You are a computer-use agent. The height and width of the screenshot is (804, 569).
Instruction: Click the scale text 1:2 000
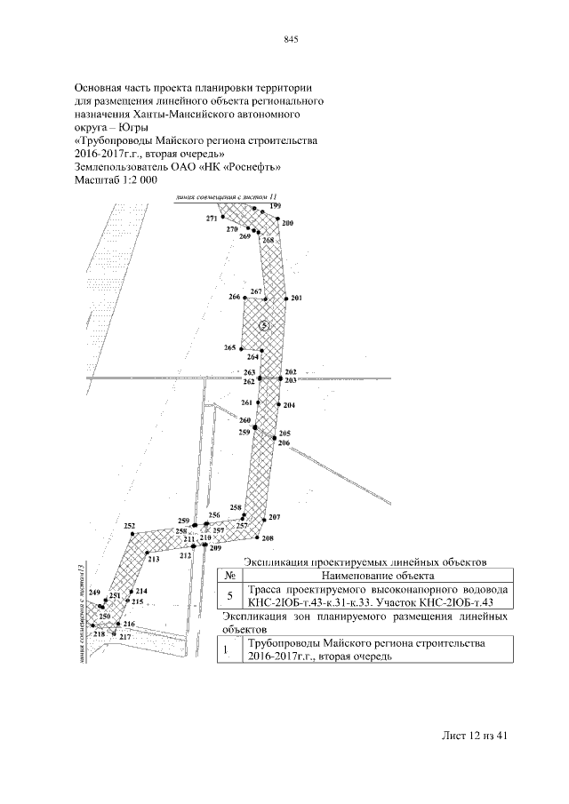coord(134,180)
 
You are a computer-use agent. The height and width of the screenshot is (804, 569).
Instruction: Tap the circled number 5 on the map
coord(264,326)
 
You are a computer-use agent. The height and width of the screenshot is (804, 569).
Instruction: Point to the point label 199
coord(276,206)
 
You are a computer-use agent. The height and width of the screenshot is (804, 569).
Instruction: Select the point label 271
coord(211,218)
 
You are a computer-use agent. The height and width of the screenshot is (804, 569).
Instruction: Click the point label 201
coord(296,298)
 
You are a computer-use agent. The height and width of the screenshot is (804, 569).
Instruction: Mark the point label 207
coord(275,517)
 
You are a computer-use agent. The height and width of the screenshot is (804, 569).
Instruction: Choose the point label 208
coord(268,538)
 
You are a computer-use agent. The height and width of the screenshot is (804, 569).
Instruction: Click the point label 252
coord(130,526)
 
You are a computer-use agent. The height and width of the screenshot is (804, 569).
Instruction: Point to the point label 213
coord(153,560)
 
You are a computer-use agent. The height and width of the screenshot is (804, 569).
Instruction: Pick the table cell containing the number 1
coord(227,649)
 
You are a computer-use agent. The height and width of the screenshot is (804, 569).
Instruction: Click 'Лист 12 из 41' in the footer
coord(474,736)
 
